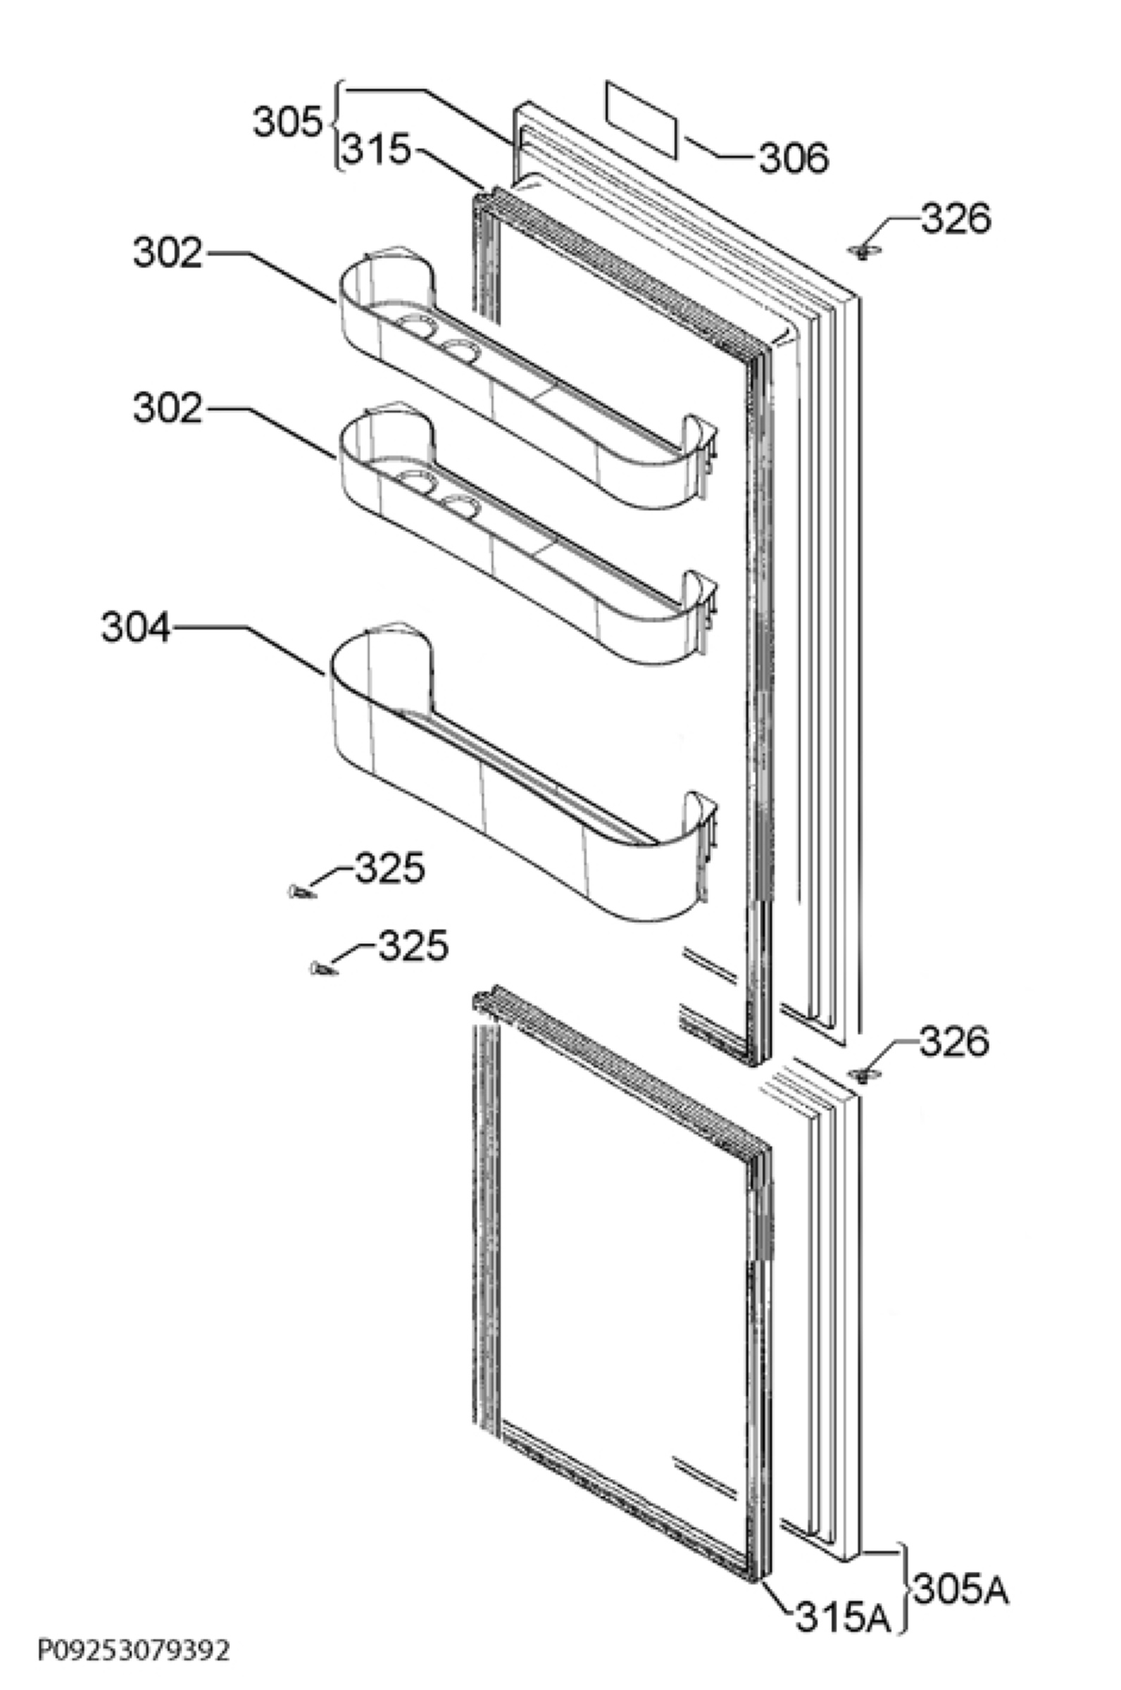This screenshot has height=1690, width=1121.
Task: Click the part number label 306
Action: [794, 158]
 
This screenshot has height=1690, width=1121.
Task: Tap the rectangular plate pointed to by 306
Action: [641, 120]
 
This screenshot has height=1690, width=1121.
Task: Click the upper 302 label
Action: [168, 253]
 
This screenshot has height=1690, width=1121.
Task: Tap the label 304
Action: [136, 628]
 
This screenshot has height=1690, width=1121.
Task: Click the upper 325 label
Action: [389, 868]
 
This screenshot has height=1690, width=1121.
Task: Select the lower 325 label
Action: [413, 946]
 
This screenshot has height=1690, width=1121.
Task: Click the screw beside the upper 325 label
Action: [300, 891]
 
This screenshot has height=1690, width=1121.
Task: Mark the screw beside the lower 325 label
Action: [323, 969]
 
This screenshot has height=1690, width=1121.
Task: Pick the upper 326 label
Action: [956, 219]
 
